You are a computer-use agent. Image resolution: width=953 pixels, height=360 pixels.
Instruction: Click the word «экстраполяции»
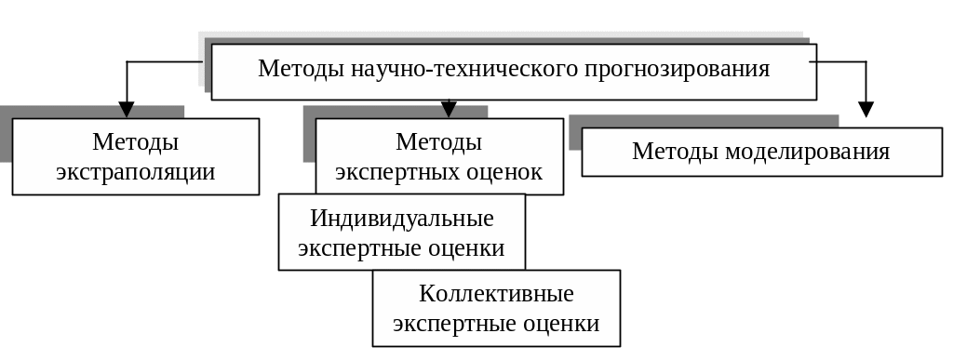tap(136, 172)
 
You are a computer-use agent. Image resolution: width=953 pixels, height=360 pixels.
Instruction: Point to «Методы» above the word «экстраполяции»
tap(136, 142)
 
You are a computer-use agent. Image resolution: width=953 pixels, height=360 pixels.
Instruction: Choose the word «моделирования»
tap(808, 152)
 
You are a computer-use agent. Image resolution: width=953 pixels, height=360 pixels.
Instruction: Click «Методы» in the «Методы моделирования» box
tap(676, 152)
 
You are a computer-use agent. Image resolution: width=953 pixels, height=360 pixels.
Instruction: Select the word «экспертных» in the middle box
tap(388, 172)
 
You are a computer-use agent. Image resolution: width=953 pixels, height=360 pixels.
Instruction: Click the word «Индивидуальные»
tap(402, 219)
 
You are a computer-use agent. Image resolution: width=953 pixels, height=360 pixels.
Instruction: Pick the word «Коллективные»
tap(496, 294)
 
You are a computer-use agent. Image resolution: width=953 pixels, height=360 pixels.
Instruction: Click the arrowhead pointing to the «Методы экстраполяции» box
tap(126, 110)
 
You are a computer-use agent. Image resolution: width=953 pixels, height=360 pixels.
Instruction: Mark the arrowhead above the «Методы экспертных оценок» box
tap(449, 109)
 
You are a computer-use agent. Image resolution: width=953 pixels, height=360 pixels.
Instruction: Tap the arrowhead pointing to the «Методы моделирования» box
tap(866, 109)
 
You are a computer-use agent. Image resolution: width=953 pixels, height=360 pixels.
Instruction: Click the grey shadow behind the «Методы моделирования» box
tap(704, 122)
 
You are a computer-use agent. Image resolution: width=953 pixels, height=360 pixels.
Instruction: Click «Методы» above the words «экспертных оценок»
tap(439, 142)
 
